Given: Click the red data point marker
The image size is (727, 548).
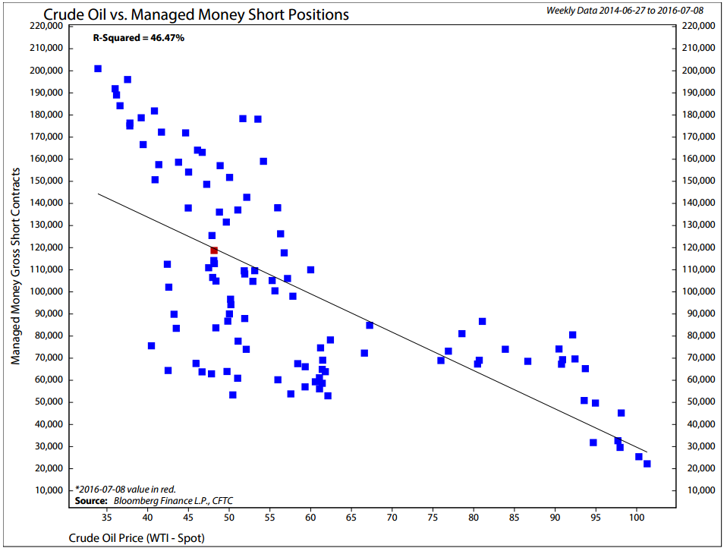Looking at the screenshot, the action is [x=214, y=250].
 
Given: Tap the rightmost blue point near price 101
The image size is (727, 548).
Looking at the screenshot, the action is [x=647, y=464].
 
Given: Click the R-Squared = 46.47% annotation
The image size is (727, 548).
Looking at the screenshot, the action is [x=139, y=38].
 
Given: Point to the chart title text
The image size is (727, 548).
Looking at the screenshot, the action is [x=196, y=15].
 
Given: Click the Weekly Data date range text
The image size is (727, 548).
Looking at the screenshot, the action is [x=625, y=10].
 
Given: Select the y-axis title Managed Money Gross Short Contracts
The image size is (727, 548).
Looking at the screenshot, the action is [x=16, y=266].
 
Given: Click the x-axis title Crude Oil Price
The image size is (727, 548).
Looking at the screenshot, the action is [x=137, y=538].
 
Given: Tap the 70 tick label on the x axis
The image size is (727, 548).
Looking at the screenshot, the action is [x=392, y=517].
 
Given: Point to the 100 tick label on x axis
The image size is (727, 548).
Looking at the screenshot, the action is [x=636, y=517].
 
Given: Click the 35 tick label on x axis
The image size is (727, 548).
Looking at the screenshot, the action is [x=107, y=517].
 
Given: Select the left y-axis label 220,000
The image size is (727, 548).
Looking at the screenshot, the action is [x=46, y=26].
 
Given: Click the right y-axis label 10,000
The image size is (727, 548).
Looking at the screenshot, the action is [x=701, y=490].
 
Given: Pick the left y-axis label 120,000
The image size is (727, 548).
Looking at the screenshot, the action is [x=46, y=247].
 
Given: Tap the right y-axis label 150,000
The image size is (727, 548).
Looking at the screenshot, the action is [x=699, y=181].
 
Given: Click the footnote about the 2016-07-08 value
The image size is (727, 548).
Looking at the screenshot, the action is [x=125, y=489].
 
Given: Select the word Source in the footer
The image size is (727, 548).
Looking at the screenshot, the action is [x=91, y=501].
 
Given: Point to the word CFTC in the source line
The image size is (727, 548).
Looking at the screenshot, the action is [x=222, y=501].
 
